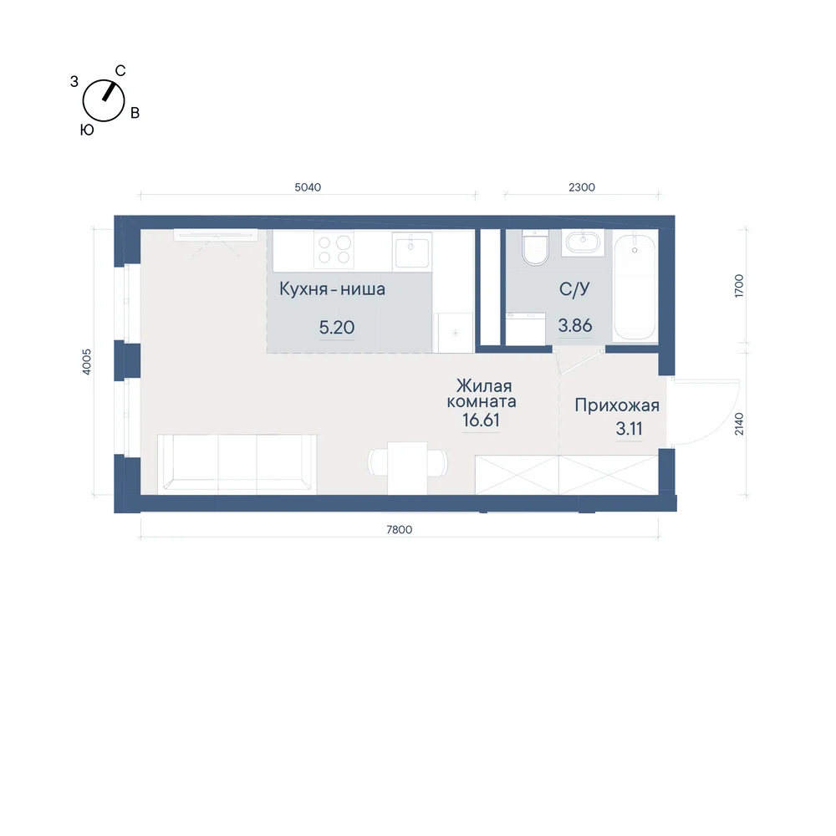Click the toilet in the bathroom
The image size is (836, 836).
pos(535,247)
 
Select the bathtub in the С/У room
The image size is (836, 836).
pos(635,286)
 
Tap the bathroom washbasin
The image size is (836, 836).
pos(583,242)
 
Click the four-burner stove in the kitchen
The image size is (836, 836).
pos(334,250)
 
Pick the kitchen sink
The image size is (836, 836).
pos(411,251)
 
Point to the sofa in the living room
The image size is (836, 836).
pos(237,464)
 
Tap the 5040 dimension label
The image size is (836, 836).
pos(308,187)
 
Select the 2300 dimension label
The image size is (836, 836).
pos(582,187)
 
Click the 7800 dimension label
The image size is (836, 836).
pos(400,529)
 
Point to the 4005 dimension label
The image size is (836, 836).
pos(87,362)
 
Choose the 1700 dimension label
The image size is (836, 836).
pos(739,286)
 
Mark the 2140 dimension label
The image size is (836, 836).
pos(739,424)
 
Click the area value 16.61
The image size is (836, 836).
pos(481,421)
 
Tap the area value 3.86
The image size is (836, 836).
pos(575,325)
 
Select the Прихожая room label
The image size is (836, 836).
pos(617,405)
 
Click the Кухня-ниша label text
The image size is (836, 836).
pos(332,289)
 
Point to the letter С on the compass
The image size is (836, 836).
pos(120,71)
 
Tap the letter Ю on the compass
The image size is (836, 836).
pos(87,130)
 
